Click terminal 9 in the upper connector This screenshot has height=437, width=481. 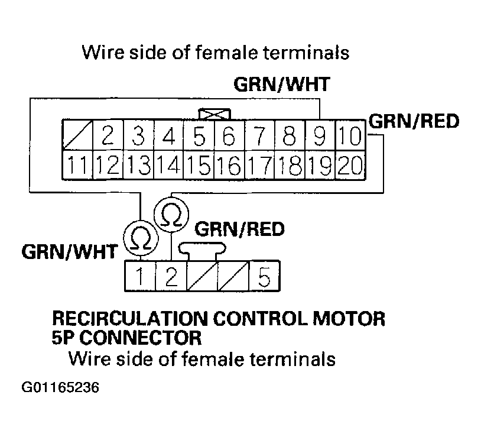tap(320, 136)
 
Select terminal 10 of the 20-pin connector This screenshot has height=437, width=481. tap(350, 136)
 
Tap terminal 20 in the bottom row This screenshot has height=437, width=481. tap(350, 164)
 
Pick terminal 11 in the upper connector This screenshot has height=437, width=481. tap(77, 164)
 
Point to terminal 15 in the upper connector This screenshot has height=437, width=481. tap(199, 164)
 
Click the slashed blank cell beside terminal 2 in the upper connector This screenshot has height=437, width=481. tap(77, 136)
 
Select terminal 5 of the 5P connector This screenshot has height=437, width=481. tap(264, 276)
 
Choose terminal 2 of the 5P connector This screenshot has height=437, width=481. tap(171, 276)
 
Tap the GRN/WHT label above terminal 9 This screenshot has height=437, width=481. tap(281, 85)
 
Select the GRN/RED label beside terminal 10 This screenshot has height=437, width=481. tap(413, 122)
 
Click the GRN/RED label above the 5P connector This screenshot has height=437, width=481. tap(239, 229)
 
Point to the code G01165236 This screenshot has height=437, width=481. tap(60, 389)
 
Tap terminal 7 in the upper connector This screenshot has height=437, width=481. tap(259, 136)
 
